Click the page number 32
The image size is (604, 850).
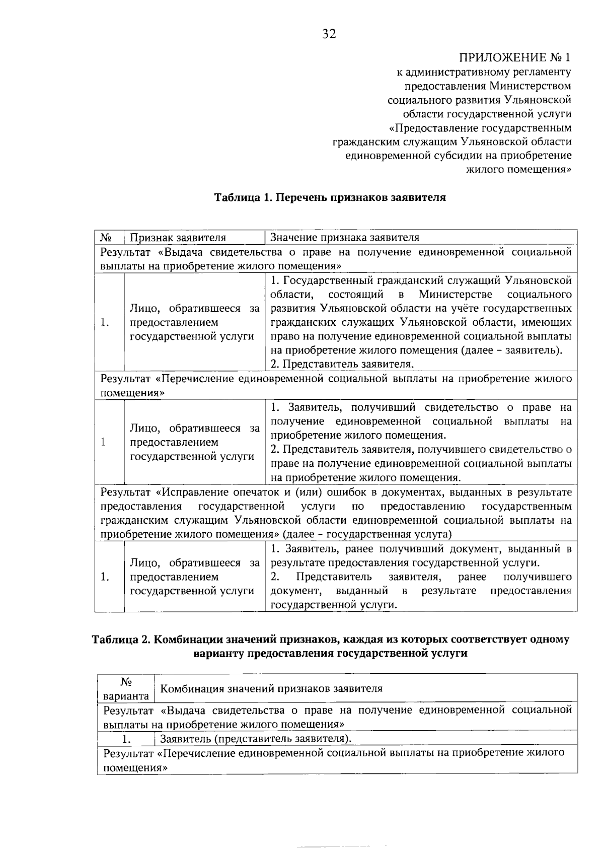[329, 34]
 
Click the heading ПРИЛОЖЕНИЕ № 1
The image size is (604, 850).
[515, 57]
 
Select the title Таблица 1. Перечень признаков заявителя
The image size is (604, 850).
[330, 197]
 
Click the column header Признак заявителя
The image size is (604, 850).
[178, 238]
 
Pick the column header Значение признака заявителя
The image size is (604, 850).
[345, 238]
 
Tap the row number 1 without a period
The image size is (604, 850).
[103, 442]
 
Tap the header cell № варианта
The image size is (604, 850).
[126, 689]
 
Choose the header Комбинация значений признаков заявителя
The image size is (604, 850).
[271, 688]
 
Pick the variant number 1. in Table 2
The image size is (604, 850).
[126, 739]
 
